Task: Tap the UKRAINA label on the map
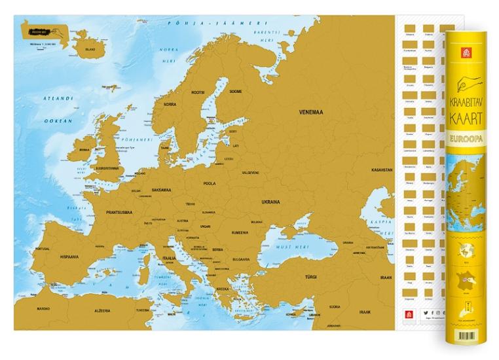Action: [x=270, y=202]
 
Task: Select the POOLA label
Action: [x=210, y=184]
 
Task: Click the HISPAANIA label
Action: [x=69, y=257]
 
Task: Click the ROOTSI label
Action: [x=198, y=94]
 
